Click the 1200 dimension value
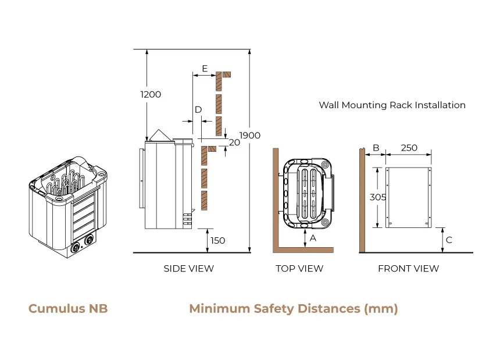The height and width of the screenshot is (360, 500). pos(151,94)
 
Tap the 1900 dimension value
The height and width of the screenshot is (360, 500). pos(250,136)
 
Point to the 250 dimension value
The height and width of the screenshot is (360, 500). pos(409,148)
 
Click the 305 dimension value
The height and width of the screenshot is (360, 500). pos(378,197)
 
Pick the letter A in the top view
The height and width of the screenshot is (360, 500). pos(313,238)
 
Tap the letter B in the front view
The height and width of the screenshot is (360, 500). pos(376,148)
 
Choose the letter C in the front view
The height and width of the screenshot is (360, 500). pos(449,240)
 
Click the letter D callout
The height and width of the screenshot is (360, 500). pos(198,109)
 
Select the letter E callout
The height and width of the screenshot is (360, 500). pos(205,69)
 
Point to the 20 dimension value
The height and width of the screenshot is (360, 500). pos(234,142)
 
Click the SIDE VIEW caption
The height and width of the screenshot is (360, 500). pos(188,269)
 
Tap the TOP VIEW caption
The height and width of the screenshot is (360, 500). pos(299,269)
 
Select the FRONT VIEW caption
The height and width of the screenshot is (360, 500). pos(409,269)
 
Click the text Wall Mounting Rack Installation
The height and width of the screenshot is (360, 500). pos(392,105)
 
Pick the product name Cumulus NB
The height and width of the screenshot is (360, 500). pos(68,308)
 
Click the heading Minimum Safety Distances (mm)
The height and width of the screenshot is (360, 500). pos(294,308)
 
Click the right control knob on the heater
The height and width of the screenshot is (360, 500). pos(90,240)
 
